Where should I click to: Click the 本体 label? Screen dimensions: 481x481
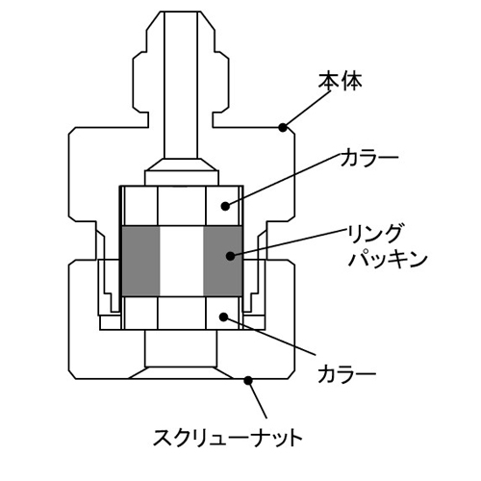tap(340, 81)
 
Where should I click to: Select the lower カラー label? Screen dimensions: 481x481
tap(346, 374)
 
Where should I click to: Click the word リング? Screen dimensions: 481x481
tap(374, 234)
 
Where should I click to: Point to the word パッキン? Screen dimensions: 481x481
tap(387, 260)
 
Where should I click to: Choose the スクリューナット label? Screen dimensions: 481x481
tap(228, 439)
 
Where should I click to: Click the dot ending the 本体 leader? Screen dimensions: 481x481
tap(283, 128)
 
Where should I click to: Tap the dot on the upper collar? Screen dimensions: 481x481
tap(225, 206)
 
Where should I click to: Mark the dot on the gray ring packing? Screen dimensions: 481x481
tap(230, 256)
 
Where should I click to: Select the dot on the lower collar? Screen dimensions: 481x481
tap(223, 316)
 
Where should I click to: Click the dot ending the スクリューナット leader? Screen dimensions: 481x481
tap(248, 380)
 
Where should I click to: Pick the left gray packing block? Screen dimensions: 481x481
tap(141, 261)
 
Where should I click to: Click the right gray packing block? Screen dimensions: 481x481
tap(222, 261)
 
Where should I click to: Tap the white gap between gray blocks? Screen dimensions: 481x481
tap(182, 261)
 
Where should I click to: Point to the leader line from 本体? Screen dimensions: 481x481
tap(306, 110)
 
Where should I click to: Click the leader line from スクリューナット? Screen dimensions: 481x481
tap(257, 399)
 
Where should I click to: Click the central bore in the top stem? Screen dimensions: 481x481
tap(181, 86)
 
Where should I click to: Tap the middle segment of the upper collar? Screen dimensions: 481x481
tap(182, 206)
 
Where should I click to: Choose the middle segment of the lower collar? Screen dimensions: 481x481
tap(182, 313)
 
